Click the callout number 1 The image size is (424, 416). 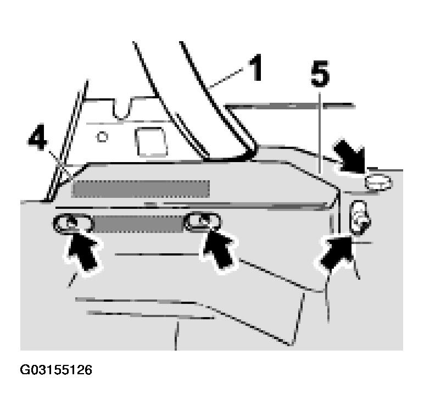click(x=255, y=68)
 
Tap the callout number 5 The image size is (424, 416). click(x=320, y=74)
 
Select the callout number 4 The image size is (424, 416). click(x=38, y=137)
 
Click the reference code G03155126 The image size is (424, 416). click(x=56, y=370)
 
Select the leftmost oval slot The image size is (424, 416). click(x=73, y=224)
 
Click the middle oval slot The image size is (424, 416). click(x=202, y=223)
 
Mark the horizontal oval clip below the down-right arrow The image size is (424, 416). click(x=378, y=182)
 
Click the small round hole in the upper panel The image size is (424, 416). click(x=102, y=137)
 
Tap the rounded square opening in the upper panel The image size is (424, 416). click(x=151, y=142)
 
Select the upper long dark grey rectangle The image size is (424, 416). click(x=141, y=189)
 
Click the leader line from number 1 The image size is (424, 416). click(x=226, y=79)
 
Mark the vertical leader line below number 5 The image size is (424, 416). click(x=320, y=133)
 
